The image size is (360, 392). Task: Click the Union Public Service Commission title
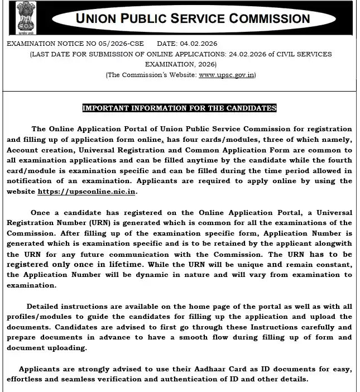click(x=193, y=18)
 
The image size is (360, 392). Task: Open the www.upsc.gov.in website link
click(x=226, y=75)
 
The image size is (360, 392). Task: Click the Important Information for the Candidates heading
click(x=179, y=108)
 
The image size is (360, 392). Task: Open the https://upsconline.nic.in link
click(x=87, y=191)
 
